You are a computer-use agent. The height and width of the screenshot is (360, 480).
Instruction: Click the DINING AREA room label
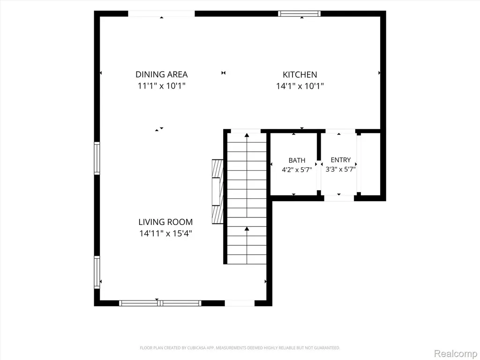coord(161,75)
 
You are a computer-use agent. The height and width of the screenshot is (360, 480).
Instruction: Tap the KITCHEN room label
coord(300,75)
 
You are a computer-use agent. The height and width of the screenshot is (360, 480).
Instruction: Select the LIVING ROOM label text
coord(165,222)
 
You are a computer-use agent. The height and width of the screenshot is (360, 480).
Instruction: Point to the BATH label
coord(297,160)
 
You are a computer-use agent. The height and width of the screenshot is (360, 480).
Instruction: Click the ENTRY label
coord(341,160)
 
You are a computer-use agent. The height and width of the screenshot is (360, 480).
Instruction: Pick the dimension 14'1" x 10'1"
coord(300,86)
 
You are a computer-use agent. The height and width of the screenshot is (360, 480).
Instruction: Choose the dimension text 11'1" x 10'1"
coord(162,86)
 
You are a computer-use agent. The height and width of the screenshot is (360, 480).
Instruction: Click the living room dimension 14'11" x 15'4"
coord(165,233)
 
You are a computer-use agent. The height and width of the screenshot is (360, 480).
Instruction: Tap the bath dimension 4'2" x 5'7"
coord(297,170)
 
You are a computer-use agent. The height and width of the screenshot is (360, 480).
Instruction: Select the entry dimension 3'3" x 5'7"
coord(340,169)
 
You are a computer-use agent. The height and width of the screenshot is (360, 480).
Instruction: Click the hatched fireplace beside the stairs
coord(217,192)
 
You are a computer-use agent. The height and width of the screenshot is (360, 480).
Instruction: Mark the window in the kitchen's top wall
coord(300,14)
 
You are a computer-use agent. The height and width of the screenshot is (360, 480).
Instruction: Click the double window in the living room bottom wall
coord(160,303)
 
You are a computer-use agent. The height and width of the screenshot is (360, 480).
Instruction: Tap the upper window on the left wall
coord(97,158)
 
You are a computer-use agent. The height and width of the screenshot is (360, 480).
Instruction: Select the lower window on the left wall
coord(97,272)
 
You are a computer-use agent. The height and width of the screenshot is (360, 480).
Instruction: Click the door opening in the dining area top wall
coord(161,14)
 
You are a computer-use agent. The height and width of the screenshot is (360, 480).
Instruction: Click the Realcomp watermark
coord(456,354)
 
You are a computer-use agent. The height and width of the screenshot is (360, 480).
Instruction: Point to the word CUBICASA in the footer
coord(198,348)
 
